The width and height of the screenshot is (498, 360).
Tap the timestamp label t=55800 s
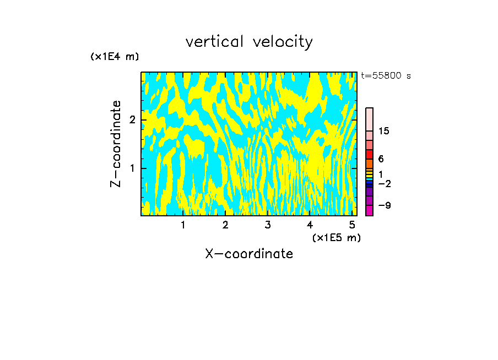coord(386,76)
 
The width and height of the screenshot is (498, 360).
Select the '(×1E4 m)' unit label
coord(115,57)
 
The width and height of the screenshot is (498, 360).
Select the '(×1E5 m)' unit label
coord(336,237)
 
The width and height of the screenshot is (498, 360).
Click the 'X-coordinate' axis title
coord(249,254)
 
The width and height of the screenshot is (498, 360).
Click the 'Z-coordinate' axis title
coord(116,144)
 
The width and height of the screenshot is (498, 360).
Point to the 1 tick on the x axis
coord(183,225)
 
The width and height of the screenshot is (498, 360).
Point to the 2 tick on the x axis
coord(225,225)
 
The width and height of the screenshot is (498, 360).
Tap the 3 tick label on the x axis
coord(268,225)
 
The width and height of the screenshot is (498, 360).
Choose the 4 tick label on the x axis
coord(310,225)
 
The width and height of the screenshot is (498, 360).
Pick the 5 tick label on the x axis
coord(352,225)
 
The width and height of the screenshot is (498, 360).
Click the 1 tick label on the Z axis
coord(132,168)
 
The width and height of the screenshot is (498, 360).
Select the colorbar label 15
coord(384,131)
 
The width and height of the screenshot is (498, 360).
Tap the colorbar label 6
coord(381,159)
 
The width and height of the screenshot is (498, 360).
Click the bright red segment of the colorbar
coord(369,154)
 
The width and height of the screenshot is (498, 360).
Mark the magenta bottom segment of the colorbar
coord(369,210)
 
